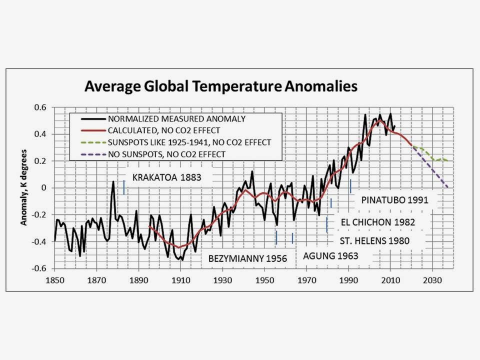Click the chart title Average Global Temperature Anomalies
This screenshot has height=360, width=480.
[x=220, y=86]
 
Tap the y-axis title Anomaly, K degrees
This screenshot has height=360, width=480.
[x=23, y=186]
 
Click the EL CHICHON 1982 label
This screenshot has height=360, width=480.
[x=377, y=222]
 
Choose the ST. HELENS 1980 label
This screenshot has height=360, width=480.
[x=374, y=240]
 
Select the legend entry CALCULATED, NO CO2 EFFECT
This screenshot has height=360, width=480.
[x=163, y=130]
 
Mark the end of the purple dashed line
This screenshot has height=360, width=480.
[x=448, y=187]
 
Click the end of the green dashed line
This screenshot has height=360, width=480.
[x=448, y=161]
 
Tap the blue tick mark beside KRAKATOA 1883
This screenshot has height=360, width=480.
[x=123, y=187]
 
